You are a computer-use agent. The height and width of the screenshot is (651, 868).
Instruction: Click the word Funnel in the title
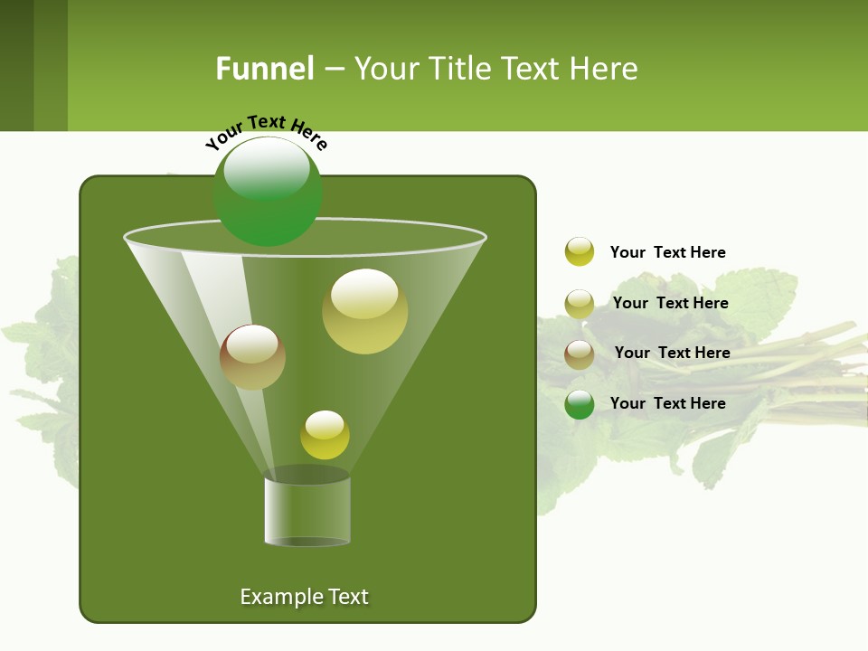264,69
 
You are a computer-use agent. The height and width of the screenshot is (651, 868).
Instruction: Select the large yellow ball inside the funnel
364,312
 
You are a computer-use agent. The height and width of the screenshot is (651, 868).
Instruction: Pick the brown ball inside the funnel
252,358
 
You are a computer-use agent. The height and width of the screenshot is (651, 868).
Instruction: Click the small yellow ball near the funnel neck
325,435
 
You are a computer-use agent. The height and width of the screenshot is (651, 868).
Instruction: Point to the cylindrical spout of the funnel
307,511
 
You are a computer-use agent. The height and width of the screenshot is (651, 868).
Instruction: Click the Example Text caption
304,597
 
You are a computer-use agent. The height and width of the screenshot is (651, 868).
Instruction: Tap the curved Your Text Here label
266,132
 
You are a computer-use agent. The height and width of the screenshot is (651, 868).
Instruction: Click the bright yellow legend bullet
580,251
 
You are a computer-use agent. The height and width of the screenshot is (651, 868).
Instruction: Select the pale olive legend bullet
580,304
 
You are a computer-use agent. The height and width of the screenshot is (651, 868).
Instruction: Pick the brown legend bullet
580,354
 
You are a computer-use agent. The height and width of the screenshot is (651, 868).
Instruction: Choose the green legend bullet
580,404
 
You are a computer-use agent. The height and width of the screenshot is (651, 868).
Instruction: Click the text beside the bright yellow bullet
667,252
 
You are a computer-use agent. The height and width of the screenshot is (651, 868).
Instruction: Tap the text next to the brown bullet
672,353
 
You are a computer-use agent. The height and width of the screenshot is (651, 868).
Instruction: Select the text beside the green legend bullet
667,403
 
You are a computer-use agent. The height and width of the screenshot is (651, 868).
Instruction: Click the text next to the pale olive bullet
670,303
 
